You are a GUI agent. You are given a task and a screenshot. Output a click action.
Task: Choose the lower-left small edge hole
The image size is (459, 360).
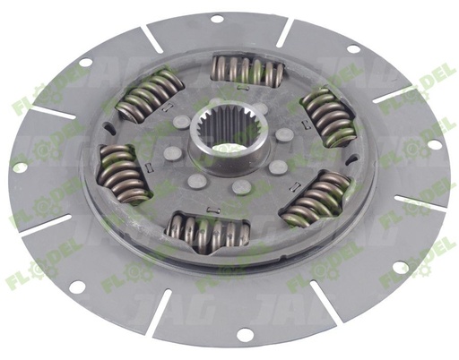[77, 286]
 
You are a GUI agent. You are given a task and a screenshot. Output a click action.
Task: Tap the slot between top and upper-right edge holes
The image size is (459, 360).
[285, 32]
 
